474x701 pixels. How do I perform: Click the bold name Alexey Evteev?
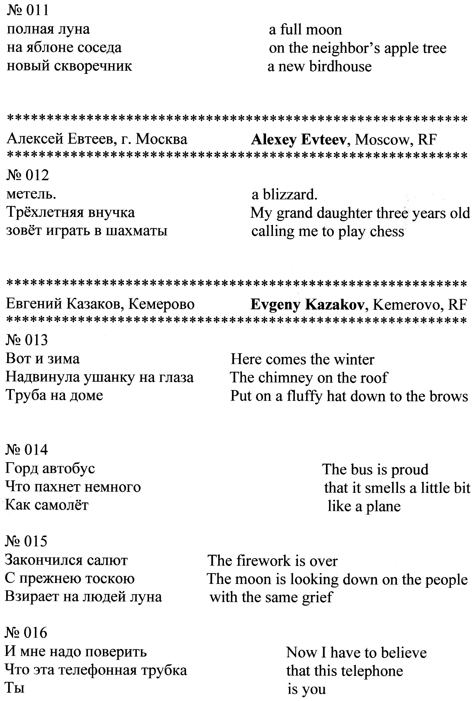point(299,140)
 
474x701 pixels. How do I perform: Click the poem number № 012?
point(27,175)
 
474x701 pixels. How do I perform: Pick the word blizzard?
point(290,195)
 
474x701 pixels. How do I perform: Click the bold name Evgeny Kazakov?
point(307,305)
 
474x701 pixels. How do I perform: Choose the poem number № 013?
point(27,340)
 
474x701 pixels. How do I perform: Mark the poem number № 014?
point(27,450)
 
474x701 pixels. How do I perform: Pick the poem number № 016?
point(26,633)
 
